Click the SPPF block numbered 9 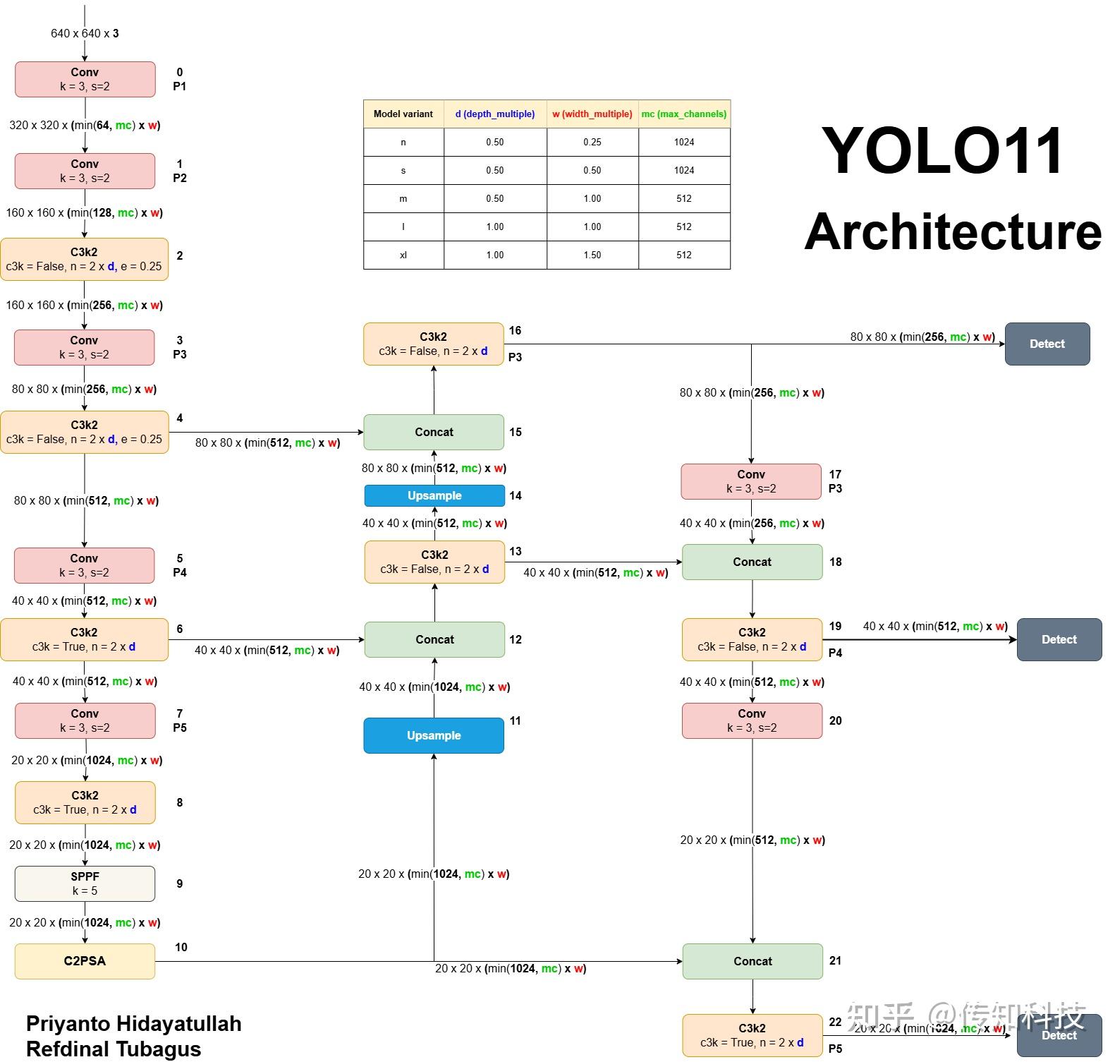(85, 883)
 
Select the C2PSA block (85, 961)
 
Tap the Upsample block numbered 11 (434, 735)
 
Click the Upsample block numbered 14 (434, 495)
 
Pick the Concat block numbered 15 (434, 432)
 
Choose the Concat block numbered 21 (753, 961)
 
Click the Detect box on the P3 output (1047, 344)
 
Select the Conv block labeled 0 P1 (85, 79)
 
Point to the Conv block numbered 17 (751, 481)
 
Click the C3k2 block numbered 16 (434, 344)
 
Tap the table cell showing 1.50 (592, 255)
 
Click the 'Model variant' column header (403, 114)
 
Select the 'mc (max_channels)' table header (684, 114)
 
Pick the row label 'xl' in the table (403, 255)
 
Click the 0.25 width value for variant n (592, 142)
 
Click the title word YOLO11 (942, 150)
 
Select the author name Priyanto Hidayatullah (134, 1024)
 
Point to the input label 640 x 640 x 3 (85, 33)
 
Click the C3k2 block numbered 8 (85, 802)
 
